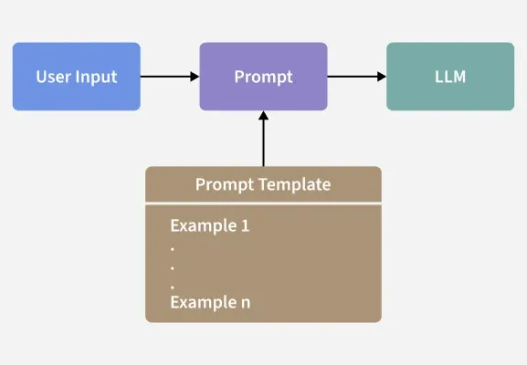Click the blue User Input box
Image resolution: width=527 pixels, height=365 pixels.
click(77, 77)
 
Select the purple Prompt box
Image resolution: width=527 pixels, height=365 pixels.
click(263, 77)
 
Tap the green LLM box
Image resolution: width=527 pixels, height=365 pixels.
click(450, 77)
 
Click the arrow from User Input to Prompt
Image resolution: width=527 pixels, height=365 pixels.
click(170, 77)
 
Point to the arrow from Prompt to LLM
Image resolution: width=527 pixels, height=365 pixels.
click(357, 77)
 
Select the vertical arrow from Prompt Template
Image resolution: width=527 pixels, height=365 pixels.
click(263, 139)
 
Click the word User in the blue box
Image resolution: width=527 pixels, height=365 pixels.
click(53, 77)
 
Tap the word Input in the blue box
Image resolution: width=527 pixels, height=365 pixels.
click(96, 78)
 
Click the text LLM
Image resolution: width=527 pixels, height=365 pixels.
click(450, 77)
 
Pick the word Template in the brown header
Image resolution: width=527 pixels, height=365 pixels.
click(294, 184)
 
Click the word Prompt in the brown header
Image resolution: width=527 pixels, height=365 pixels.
click(225, 185)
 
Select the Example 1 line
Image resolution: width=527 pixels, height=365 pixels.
click(210, 225)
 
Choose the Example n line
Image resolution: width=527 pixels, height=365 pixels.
click(210, 302)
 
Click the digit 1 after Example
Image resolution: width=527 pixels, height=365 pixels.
click(246, 225)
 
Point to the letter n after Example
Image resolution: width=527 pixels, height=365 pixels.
click(246, 303)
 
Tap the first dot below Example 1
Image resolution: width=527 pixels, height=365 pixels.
click(173, 249)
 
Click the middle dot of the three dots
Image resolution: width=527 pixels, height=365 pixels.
click(173, 268)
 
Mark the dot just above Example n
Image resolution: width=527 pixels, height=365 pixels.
click(173, 287)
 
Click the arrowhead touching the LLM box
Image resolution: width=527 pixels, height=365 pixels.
click(382, 77)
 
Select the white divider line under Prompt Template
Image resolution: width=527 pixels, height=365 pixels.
click(263, 203)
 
